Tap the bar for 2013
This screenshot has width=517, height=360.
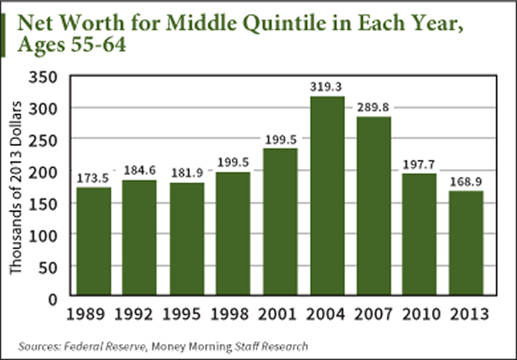[x=464, y=243]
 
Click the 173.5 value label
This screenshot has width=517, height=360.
[x=94, y=178]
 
